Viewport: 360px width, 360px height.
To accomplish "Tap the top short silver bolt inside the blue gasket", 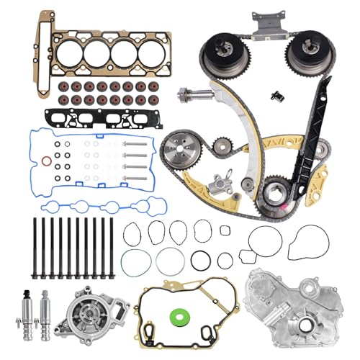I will [x=133, y=143].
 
